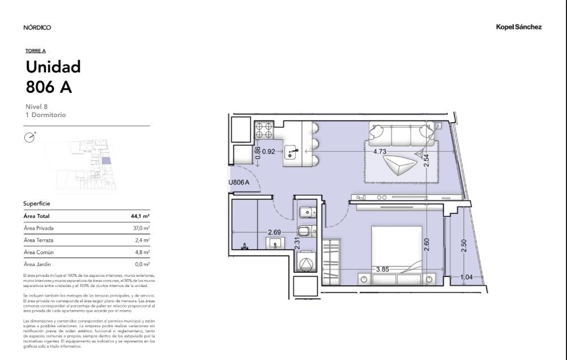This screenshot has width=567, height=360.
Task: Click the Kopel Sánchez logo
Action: [518, 27]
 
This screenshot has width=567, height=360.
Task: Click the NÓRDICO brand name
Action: [37, 28]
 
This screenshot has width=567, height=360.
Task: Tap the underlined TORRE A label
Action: [36, 50]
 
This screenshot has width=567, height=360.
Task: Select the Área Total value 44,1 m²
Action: [140, 216]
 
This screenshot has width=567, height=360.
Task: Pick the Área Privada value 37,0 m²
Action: [142, 228]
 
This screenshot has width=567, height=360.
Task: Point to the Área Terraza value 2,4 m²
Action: [143, 240]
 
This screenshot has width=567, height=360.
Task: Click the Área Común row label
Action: [39, 252]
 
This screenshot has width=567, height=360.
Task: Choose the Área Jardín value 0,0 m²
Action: [143, 264]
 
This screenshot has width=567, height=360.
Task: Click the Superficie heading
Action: [36, 204]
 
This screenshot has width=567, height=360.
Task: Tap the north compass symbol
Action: [29, 138]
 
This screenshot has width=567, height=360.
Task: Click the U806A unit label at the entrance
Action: [238, 182]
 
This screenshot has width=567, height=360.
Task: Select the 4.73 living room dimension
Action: [380, 152]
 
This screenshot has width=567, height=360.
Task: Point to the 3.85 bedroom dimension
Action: [382, 269]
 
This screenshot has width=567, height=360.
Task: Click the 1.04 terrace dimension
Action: [467, 277]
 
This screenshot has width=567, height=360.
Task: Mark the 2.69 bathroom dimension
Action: [275, 233]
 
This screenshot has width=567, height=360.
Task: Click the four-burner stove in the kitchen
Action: [264, 131]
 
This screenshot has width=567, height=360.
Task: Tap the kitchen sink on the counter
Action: [291, 152]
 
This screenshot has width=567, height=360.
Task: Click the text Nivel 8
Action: [36, 106]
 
